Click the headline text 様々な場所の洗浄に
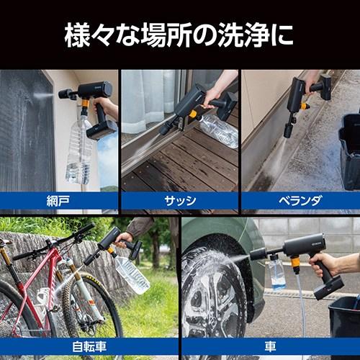coord(179,35)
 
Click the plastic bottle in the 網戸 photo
coord(79,155)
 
